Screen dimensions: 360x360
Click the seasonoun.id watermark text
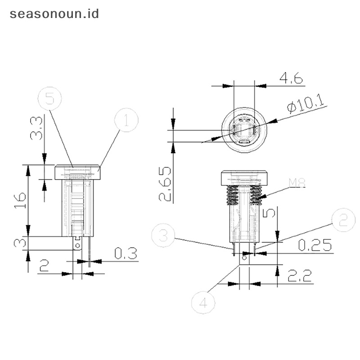pyautogui.click(x=54, y=13)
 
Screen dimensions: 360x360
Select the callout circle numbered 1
pyautogui.click(x=126, y=120)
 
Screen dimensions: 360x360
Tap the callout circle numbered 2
pyautogui.click(x=344, y=220)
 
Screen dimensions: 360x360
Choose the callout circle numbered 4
pyautogui.click(x=203, y=302)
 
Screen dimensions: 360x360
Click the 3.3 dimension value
pyautogui.click(x=37, y=128)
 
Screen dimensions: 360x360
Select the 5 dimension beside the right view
pyautogui.click(x=269, y=212)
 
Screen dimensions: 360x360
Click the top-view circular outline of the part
pyautogui.click(x=244, y=130)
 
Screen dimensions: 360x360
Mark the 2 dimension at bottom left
pyautogui.click(x=44, y=266)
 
